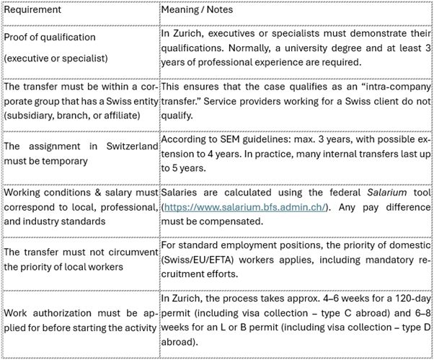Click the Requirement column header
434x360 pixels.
pyautogui.click(x=32, y=11)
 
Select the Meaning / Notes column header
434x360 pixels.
pyautogui.click(x=197, y=11)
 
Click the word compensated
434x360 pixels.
pyautogui.click(x=198, y=220)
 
